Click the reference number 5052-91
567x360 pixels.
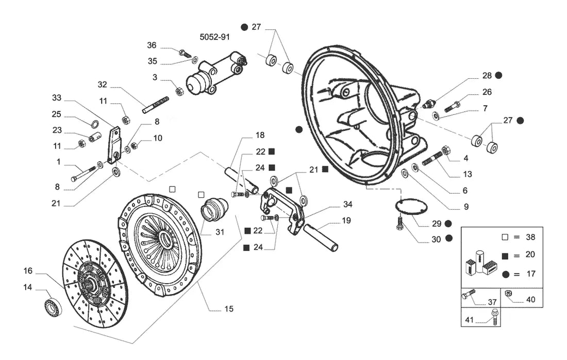(x=214, y=37)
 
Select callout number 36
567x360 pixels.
(x=152, y=45)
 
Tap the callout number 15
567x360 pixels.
(x=228, y=309)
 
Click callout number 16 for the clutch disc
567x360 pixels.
(x=28, y=271)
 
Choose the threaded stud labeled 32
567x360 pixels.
(x=156, y=105)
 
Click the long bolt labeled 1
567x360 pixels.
(x=84, y=174)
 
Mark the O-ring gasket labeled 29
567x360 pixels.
(x=411, y=207)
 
